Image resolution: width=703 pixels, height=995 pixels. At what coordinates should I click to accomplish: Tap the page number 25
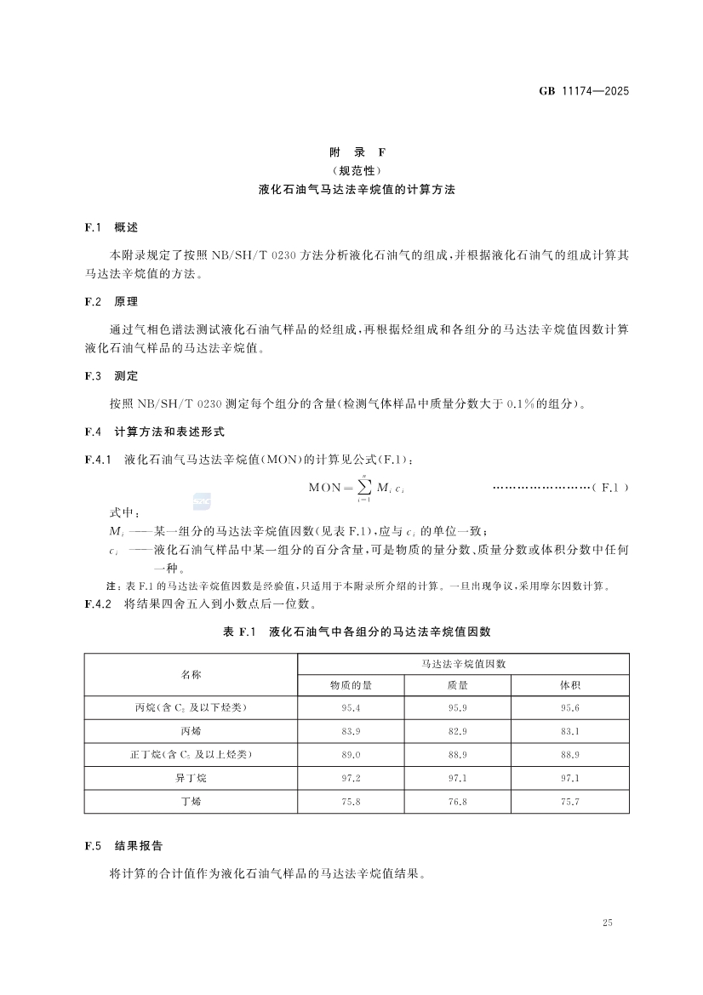click(x=607, y=923)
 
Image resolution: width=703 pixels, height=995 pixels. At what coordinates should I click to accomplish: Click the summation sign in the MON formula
click(x=363, y=489)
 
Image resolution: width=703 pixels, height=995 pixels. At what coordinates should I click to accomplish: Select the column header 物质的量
click(x=351, y=685)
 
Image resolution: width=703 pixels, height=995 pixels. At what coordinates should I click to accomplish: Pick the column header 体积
click(x=570, y=685)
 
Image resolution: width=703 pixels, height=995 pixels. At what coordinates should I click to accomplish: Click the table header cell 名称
click(x=191, y=674)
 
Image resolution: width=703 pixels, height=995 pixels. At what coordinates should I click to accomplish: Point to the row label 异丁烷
click(x=191, y=778)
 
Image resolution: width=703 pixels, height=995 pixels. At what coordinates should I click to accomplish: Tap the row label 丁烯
click(x=191, y=801)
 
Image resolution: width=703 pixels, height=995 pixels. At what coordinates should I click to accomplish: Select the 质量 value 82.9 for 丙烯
click(x=458, y=731)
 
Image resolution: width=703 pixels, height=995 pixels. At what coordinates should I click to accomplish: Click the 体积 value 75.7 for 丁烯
click(x=570, y=801)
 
